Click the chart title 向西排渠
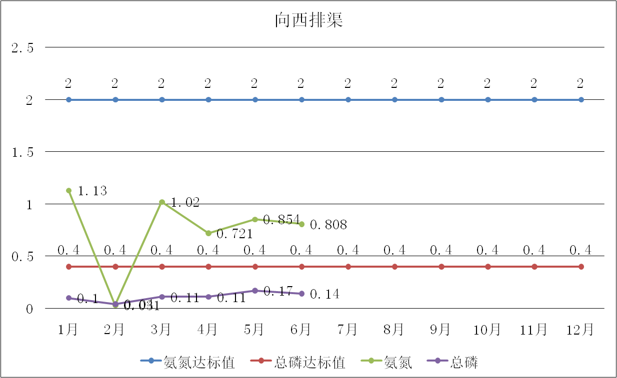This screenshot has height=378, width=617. click(308, 20)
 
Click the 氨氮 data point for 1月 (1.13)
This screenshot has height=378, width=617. click(69, 190)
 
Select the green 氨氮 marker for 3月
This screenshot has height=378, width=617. click(162, 202)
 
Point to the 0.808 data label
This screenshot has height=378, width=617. click(328, 225)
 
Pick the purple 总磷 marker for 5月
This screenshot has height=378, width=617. click(255, 291)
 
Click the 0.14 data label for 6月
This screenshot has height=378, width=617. click(324, 295)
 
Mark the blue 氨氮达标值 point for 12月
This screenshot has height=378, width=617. click(581, 100)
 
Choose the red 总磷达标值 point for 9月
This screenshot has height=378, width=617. click(441, 267)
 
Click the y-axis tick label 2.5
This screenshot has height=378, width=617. click(22, 48)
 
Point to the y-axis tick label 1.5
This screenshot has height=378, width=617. click(22, 153)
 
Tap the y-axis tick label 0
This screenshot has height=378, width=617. click(29, 309)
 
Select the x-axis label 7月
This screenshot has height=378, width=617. click(347, 330)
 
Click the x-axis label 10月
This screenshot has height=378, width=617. click(487, 330)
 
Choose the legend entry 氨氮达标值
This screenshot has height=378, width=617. click(198, 363)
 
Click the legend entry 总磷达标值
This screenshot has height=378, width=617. click(309, 363)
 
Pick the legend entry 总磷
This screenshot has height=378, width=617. click(464, 363)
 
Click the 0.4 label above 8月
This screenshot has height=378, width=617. click(394, 250)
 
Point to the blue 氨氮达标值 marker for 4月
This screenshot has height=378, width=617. click(208, 100)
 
